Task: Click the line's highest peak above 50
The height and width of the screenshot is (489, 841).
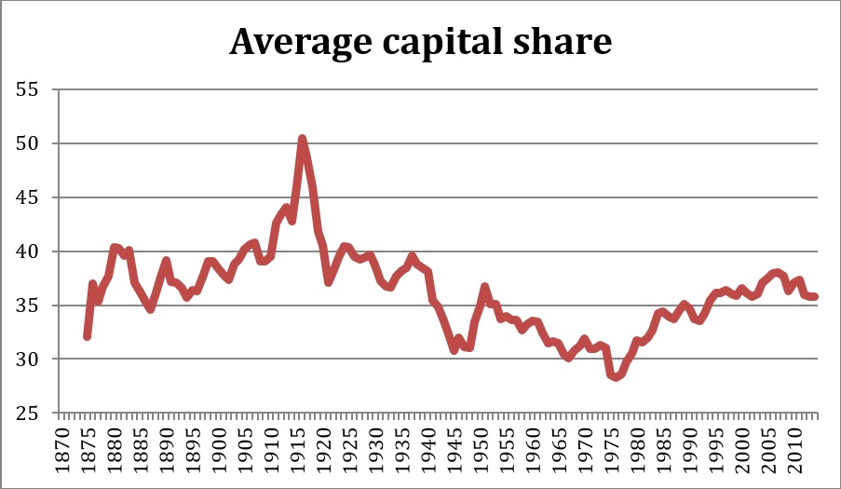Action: coord(302,139)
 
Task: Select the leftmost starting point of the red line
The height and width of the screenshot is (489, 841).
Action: coord(88,336)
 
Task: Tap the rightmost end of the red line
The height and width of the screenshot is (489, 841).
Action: coord(815,297)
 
